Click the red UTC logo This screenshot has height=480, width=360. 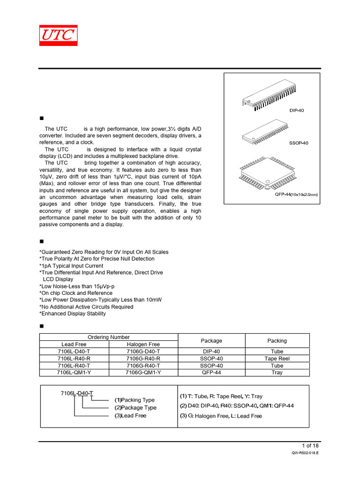coord(58,36)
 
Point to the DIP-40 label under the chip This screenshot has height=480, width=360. coord(297,111)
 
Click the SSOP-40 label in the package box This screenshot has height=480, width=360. coord(299,143)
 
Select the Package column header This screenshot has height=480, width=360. coord(211,341)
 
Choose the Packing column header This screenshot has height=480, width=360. coord(277,341)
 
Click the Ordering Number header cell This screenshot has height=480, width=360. coord(109,337)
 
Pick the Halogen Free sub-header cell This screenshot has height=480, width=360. coord(143,344)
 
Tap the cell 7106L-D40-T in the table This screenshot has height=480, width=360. coord(74,352)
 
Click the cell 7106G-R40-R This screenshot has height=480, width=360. coord(143,359)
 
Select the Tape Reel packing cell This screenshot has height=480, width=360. coord(277,359)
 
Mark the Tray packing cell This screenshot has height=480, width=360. coord(277,373)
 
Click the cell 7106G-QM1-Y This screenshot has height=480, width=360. coord(143,373)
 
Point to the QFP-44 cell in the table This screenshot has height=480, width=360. coord(211,373)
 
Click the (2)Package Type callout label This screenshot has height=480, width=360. coord(135,408)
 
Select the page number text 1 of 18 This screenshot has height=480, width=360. coord(310,445)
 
